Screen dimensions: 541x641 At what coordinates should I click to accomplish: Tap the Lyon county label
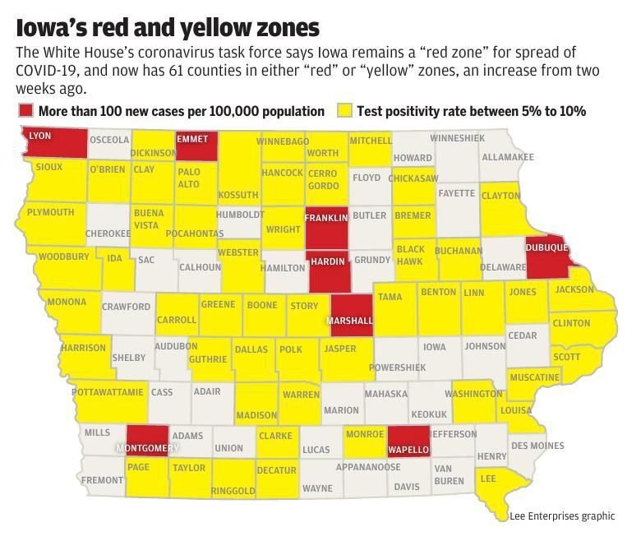point(41,135)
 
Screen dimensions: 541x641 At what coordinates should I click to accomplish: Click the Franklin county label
point(326,218)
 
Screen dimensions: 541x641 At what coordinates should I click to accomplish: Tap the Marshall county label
point(350,321)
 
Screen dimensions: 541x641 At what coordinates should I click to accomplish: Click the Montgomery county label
point(148,448)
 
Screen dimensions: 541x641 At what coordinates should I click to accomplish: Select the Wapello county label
point(408,450)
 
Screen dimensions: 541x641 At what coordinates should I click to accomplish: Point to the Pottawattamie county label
point(108,392)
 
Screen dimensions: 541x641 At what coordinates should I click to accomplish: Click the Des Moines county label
point(537,446)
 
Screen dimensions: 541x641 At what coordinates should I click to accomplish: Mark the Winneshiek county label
point(457,137)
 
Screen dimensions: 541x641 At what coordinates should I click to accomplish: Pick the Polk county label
point(291,349)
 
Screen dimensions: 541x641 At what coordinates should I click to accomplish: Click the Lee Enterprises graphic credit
point(561,516)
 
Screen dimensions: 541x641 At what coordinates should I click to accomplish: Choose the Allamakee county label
point(507,157)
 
